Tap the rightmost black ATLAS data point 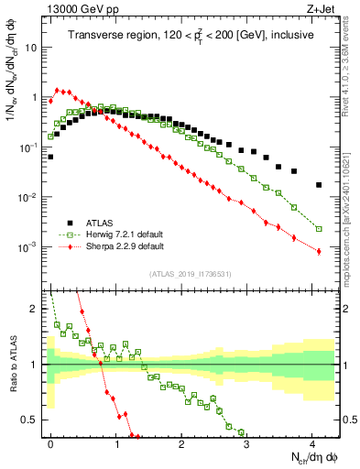[319, 185]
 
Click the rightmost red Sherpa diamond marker [319, 252]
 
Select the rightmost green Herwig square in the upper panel [319, 229]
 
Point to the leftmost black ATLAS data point [50, 157]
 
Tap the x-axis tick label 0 [50, 442]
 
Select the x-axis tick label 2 [181, 442]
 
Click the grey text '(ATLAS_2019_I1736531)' [189, 274]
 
